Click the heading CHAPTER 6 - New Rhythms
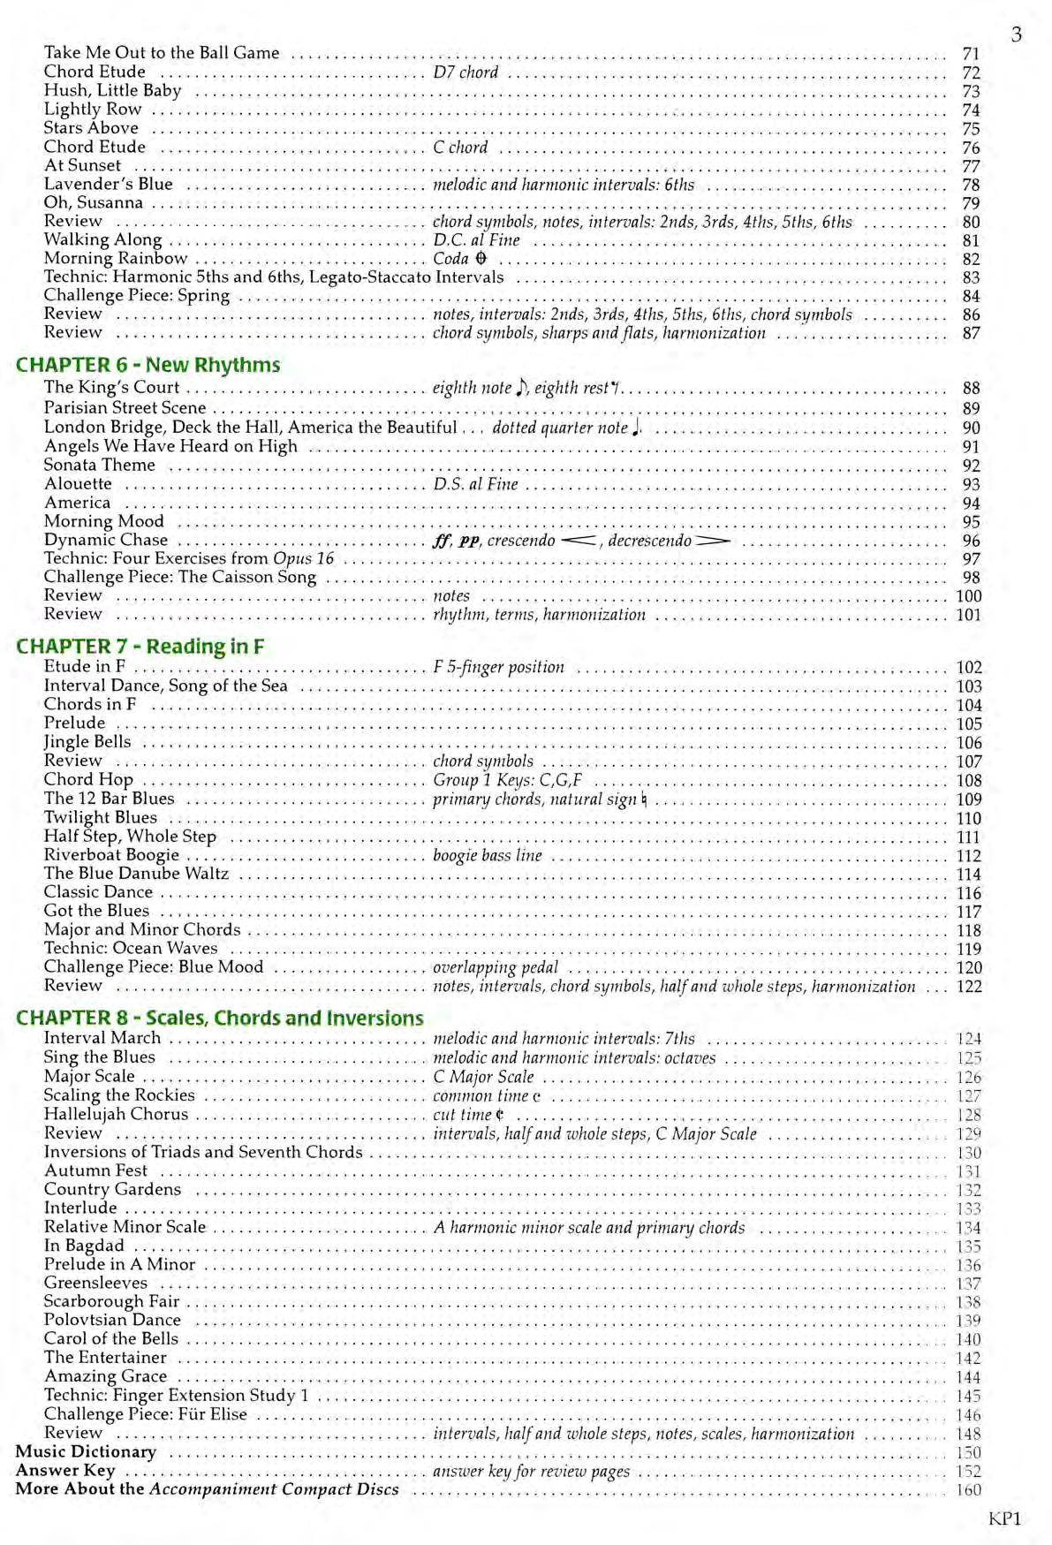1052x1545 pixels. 148,365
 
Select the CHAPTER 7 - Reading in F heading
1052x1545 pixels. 140,646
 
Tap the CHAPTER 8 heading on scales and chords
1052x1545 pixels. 219,1018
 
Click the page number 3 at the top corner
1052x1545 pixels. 1017,34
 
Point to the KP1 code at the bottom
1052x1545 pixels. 1004,1518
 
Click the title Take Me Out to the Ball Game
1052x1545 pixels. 162,53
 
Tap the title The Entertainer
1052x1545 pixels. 105,1358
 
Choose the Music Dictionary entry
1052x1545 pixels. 86,1451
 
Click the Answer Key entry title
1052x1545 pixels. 65,1470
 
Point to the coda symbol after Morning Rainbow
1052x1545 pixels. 481,259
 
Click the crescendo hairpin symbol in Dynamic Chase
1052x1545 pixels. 579,541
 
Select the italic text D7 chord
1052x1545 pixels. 465,72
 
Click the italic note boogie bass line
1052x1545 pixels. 487,855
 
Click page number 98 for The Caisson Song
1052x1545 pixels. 971,578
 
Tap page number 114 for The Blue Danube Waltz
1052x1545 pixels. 969,875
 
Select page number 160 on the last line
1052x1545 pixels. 968,1489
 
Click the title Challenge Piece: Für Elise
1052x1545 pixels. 146,1413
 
